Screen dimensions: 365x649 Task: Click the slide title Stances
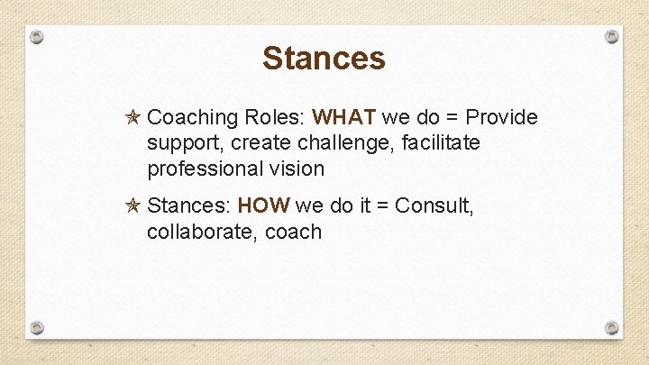(324, 59)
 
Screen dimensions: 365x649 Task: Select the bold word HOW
(263, 206)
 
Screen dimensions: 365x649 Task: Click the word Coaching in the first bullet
(192, 118)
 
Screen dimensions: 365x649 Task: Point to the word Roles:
(274, 118)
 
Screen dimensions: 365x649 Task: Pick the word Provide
(501, 118)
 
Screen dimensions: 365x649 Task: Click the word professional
(205, 169)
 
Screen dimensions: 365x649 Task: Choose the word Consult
(434, 206)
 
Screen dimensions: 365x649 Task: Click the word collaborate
(197, 232)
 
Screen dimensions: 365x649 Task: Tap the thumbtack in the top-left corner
(36, 37)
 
